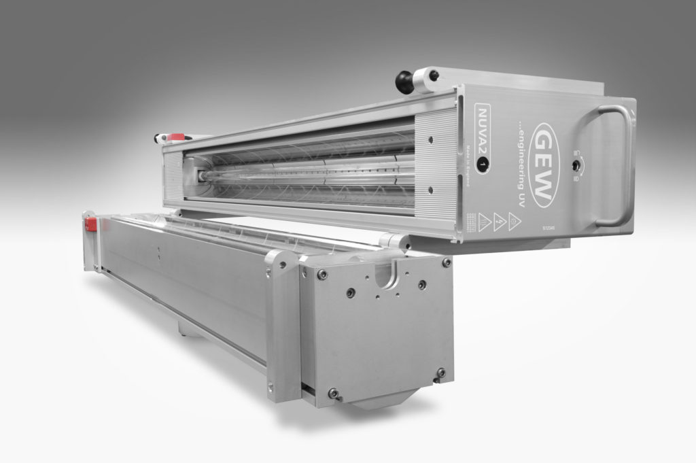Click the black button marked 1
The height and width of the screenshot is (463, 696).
483,164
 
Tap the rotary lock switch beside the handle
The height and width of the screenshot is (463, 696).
576,164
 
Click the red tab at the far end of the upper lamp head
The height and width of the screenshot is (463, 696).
176,137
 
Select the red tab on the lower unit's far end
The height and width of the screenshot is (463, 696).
90,224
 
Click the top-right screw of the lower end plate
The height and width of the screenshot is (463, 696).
446,262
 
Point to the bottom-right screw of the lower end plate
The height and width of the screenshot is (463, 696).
440,373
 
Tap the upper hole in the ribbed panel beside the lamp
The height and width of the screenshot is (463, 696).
430,139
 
